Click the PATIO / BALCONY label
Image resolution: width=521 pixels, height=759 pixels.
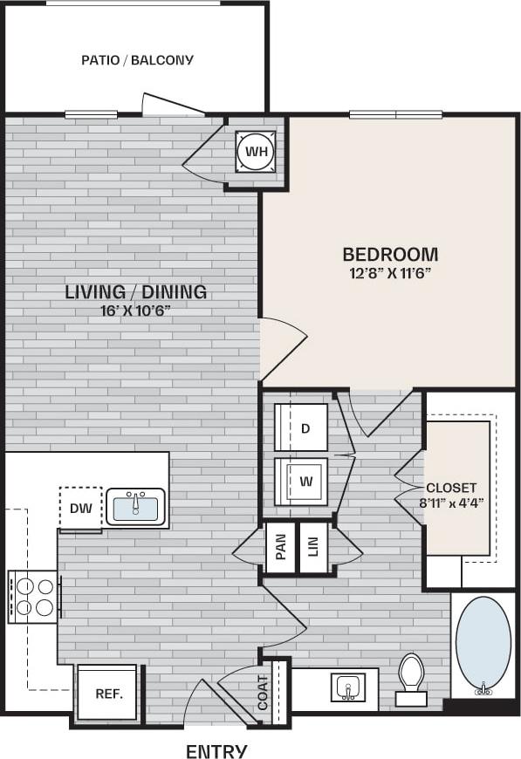tap(137, 60)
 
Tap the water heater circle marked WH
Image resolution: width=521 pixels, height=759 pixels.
tap(256, 153)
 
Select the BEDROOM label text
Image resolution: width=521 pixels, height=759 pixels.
tap(390, 255)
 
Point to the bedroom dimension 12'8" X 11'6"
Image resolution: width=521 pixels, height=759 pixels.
tap(390, 273)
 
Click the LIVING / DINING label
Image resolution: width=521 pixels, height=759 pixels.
tap(136, 291)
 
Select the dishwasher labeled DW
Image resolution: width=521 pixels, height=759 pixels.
tap(80, 508)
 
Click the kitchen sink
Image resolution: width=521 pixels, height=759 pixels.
tap(136, 507)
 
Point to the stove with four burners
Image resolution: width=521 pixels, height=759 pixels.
tap(34, 596)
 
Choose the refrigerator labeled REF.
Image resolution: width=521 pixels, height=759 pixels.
tap(107, 694)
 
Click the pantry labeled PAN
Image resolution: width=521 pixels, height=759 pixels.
tap(280, 548)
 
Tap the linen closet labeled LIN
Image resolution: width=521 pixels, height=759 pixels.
tap(313, 548)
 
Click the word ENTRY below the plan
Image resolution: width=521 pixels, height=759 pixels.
tap(216, 751)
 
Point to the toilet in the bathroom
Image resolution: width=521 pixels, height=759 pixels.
tap(411, 677)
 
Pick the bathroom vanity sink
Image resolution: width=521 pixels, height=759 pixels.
tap(347, 687)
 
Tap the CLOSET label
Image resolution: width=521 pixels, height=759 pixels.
tap(451, 488)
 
